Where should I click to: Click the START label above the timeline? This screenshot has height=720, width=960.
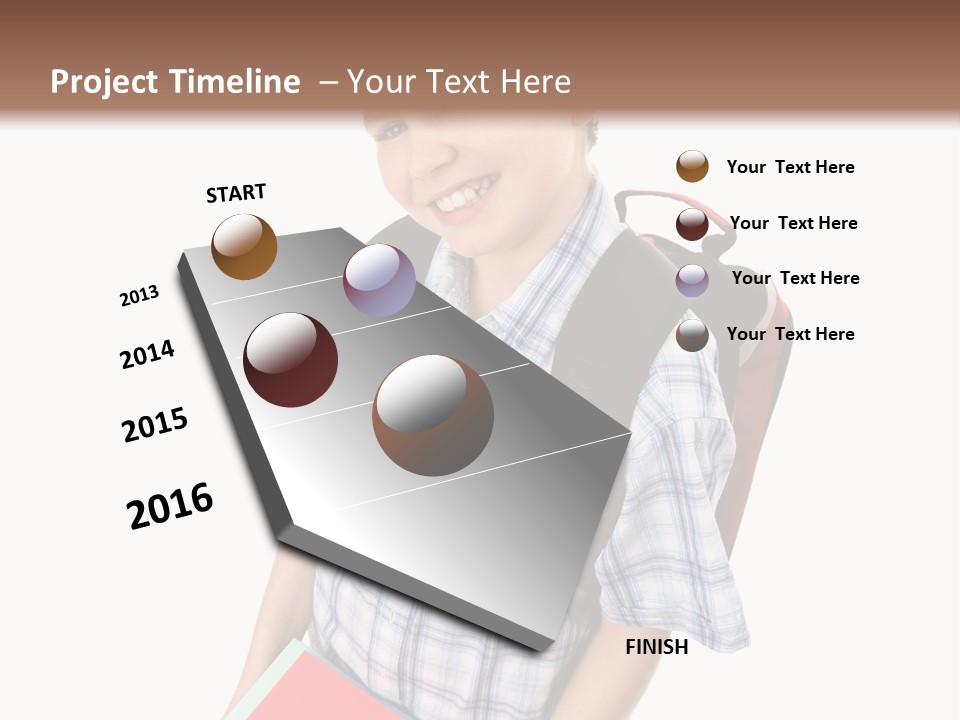236,193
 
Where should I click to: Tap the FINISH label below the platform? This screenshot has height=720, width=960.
656,647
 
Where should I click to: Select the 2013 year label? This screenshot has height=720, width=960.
139,296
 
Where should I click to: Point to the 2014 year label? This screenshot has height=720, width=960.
147,354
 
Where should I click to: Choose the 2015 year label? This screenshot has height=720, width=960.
155,425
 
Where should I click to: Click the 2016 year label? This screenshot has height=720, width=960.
170,506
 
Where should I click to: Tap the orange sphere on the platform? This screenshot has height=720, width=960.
244,247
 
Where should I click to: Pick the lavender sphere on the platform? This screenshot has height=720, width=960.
379,280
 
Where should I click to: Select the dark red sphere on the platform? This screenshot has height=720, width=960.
290,360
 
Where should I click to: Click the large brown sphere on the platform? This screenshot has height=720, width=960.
433,416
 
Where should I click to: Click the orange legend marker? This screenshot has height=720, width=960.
692,166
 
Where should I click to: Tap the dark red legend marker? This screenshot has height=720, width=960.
692,223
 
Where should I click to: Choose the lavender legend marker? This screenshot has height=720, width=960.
692,279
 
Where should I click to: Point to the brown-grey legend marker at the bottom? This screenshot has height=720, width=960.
692,335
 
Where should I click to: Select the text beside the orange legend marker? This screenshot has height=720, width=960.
790,167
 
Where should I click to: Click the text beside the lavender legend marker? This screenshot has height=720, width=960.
795,278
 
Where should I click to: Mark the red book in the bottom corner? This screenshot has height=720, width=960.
330,690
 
